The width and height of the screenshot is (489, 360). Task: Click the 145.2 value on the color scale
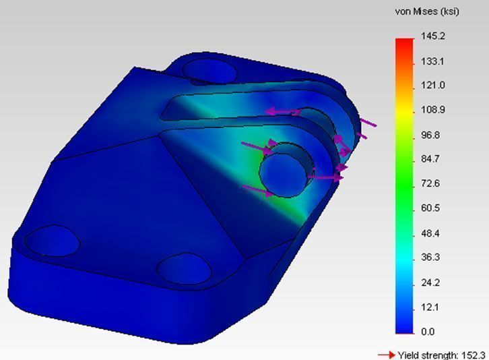pos(432,36)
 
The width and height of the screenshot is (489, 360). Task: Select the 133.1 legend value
pos(432,61)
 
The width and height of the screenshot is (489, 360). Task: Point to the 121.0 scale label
pos(432,85)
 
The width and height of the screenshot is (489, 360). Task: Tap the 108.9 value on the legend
pos(432,110)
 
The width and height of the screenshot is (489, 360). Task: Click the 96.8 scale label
pos(431,135)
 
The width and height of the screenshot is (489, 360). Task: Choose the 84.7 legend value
pos(431,159)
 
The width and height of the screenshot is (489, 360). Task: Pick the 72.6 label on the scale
pos(431,183)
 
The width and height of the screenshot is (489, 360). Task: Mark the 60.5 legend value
pos(431,208)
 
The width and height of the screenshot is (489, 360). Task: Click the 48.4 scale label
pos(431,233)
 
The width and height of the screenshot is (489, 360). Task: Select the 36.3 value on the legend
pos(431,258)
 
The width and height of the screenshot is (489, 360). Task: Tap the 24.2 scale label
pos(431,282)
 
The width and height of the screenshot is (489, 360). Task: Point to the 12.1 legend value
pos(431,307)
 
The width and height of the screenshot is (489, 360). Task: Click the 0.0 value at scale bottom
pos(428,332)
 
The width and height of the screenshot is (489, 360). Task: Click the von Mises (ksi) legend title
pos(426,12)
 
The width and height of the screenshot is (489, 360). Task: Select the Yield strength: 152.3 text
pos(441,355)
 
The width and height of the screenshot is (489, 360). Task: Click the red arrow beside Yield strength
pos(385,355)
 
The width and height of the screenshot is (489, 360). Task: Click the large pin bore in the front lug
pos(286,169)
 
